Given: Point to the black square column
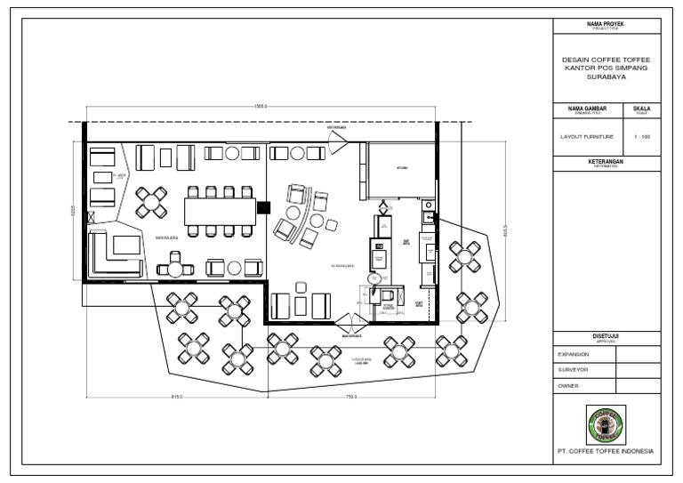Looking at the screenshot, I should (262, 208).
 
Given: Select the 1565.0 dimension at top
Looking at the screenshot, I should (261, 107).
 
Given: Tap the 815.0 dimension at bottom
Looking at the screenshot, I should (175, 396).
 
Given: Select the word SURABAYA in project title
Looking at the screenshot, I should (607, 76).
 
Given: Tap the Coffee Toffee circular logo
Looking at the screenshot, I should (607, 424).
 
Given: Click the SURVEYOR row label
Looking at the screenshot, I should (575, 369).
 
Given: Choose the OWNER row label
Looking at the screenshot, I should (568, 386).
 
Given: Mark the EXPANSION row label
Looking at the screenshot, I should (575, 353).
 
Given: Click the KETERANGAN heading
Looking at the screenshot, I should (607, 161).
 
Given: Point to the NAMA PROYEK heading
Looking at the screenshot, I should (607, 22).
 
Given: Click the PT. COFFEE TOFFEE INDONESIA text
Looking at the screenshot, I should (607, 452).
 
